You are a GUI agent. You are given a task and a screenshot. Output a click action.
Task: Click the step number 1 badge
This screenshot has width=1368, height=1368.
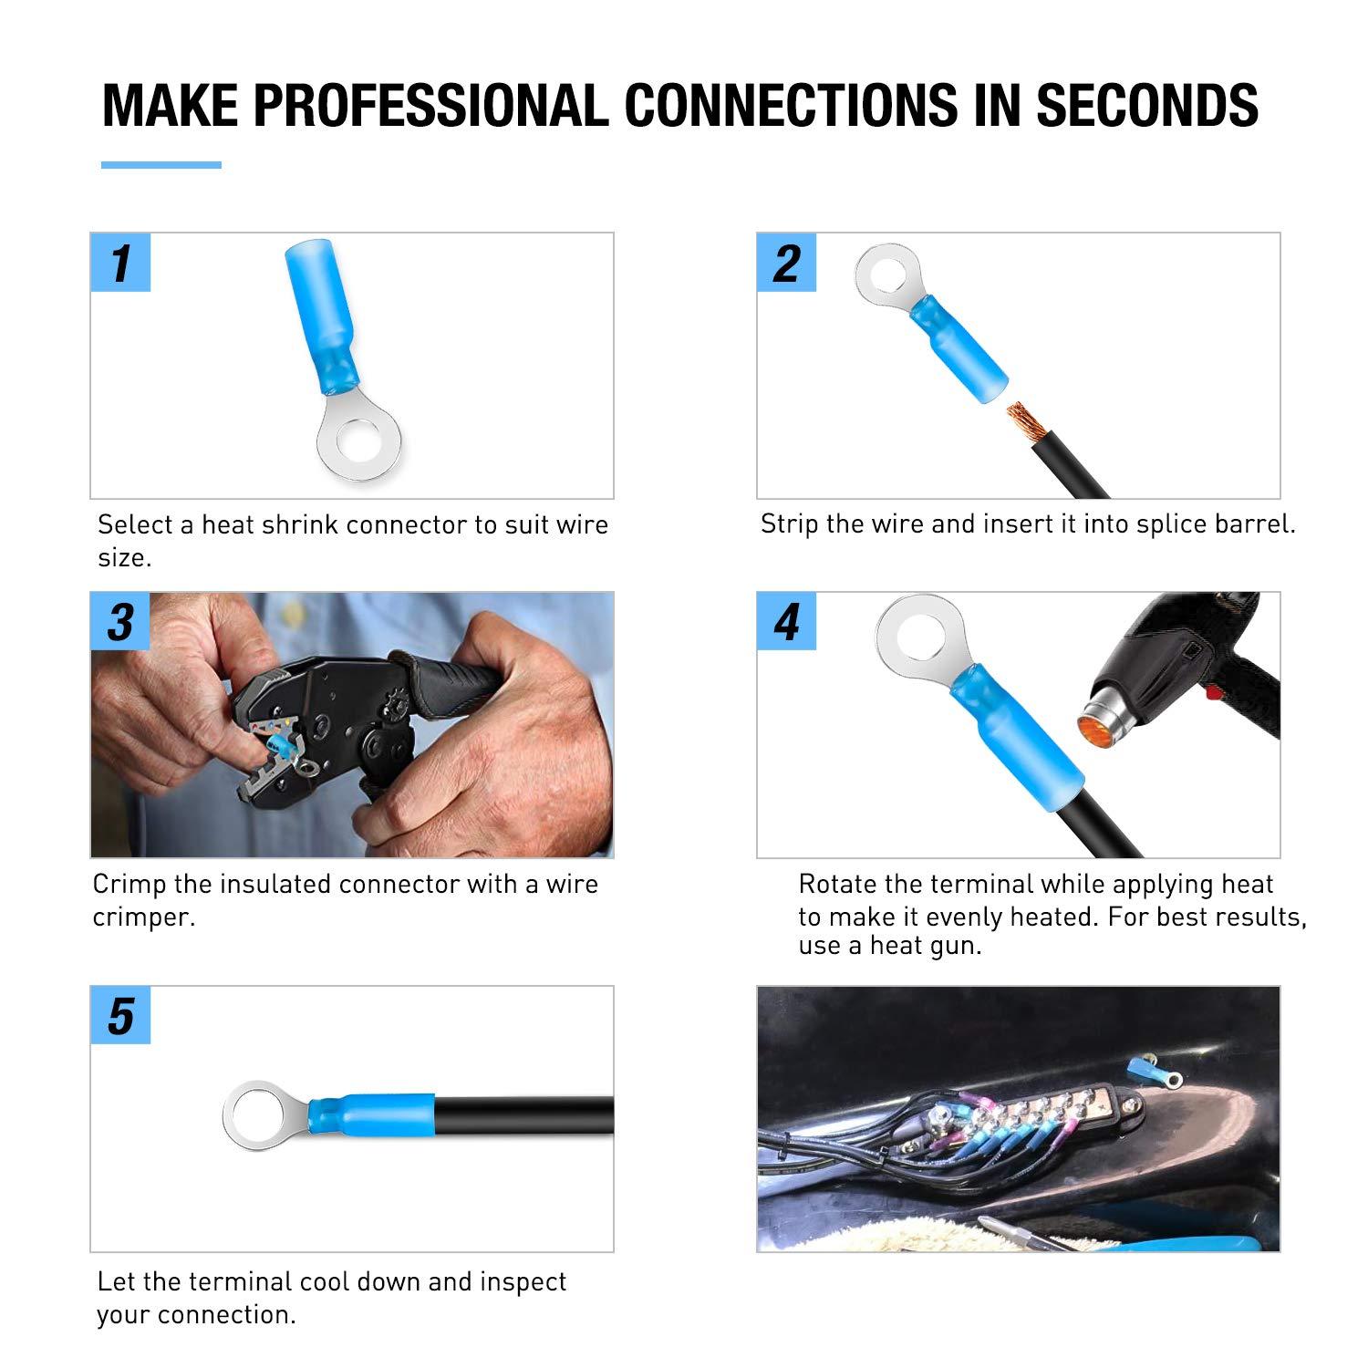pos(120,263)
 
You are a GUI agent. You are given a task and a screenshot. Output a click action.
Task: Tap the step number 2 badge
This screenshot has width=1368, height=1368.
pos(786,263)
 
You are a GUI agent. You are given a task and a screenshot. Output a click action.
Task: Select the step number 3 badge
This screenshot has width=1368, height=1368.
pos(120,622)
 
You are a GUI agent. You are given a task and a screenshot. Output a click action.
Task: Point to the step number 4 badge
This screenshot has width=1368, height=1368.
pos(786,622)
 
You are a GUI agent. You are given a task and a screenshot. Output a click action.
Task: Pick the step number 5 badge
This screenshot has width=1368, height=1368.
pos(120,1016)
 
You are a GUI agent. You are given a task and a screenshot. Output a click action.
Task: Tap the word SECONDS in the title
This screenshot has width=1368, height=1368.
pos(1147,105)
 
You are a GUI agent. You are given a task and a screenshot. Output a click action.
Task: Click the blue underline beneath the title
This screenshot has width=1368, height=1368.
pos(161,165)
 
